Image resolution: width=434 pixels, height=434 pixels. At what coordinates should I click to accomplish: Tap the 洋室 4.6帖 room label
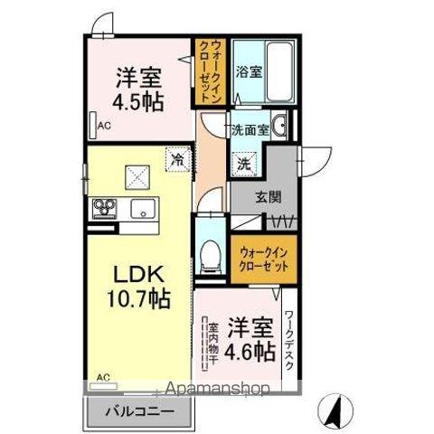coord(250,336)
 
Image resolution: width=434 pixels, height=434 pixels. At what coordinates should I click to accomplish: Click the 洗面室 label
coord(249,129)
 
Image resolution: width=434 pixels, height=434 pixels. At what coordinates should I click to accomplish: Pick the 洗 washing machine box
coord(245,165)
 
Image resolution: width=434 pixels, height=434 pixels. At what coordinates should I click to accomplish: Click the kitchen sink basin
coord(143,212)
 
